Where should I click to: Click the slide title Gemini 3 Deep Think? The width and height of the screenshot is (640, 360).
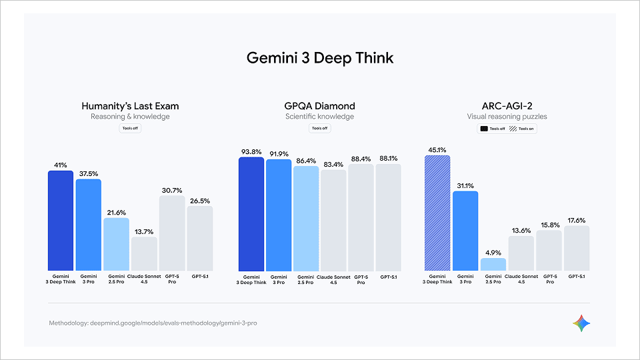pyautogui.click(x=320, y=58)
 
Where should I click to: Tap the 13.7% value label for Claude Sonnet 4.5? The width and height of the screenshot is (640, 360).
pyautogui.click(x=144, y=231)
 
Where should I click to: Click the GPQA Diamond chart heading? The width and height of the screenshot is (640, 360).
pyautogui.click(x=320, y=106)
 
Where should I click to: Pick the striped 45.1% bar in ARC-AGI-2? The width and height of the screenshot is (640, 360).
pyautogui.click(x=437, y=213)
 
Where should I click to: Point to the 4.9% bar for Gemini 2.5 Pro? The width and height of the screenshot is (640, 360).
pyautogui.click(x=493, y=264)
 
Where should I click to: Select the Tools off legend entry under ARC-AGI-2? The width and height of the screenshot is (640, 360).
pyautogui.click(x=493, y=129)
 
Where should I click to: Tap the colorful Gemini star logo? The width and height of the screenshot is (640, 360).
pyautogui.click(x=581, y=323)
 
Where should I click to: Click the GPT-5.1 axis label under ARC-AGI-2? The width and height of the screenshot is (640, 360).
pyautogui.click(x=577, y=276)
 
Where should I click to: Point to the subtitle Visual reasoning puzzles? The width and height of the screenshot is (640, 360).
pyautogui.click(x=507, y=117)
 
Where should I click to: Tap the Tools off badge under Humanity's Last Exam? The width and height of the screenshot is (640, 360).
pyautogui.click(x=130, y=129)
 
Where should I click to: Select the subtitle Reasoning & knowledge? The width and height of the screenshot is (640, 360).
pyautogui.click(x=130, y=117)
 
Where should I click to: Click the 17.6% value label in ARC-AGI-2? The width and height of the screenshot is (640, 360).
pyautogui.click(x=577, y=220)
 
